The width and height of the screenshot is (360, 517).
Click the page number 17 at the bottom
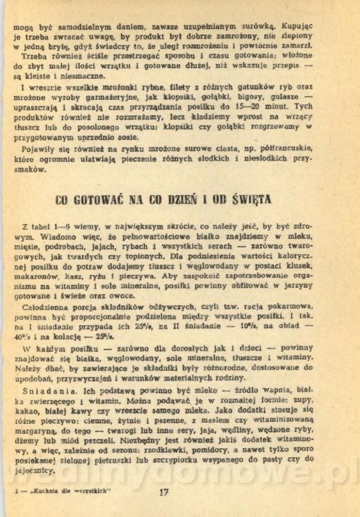coord(163,492)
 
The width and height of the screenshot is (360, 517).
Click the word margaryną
coord(37,430)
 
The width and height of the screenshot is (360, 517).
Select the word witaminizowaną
coord(304,419)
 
